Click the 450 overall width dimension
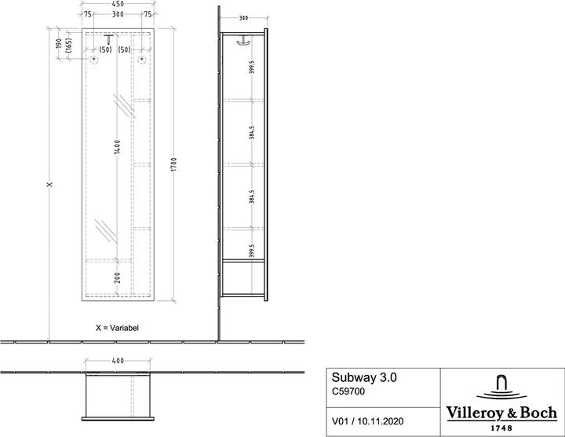[118, 4]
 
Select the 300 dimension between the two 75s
[118, 14]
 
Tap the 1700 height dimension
[174, 164]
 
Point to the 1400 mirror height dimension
[117, 147]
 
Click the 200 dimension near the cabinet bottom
[118, 277]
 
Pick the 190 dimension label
[59, 44]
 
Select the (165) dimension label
[69, 46]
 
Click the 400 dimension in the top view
[118, 361]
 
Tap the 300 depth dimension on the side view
[243, 17]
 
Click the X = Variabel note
[117, 328]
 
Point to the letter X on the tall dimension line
[49, 185]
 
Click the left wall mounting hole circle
[93, 59]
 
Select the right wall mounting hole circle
[142, 59]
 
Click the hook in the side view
[242, 42]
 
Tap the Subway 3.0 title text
[364, 377]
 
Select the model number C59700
[348, 391]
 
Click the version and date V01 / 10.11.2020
[367, 421]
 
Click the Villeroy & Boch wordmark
[501, 413]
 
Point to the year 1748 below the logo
[501, 428]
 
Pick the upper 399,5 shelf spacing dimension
[252, 67]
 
